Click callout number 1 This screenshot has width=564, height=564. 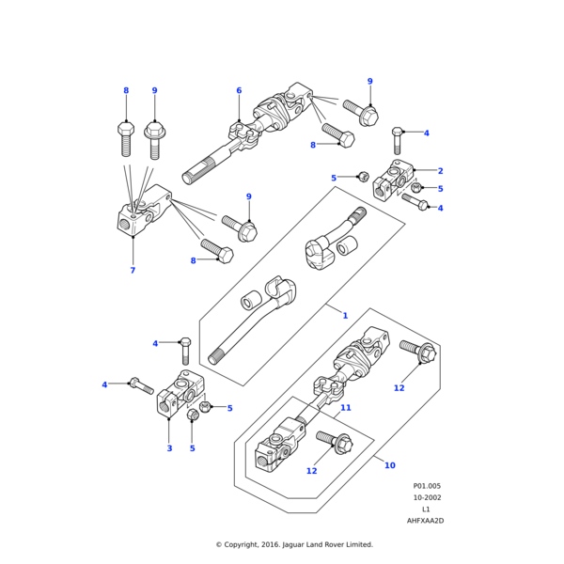(345, 316)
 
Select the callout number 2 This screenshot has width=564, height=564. (440, 171)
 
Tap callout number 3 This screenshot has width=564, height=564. (169, 448)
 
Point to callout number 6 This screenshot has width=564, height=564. (239, 91)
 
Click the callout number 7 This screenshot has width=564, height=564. (133, 271)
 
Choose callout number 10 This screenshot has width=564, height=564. (390, 465)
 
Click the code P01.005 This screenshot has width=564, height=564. (426, 486)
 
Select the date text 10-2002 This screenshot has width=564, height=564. (426, 497)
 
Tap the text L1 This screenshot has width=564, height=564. (426, 509)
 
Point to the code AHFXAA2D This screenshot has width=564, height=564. (426, 520)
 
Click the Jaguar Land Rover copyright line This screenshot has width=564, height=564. (294, 544)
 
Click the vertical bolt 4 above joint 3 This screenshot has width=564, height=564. (185, 351)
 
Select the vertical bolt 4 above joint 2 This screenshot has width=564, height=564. (398, 140)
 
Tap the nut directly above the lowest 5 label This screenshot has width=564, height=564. (193, 415)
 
